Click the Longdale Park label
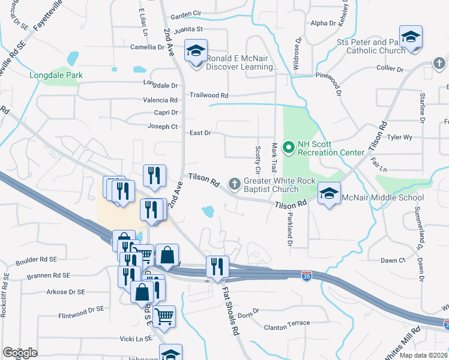coord(56,76)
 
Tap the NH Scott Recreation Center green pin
coord(288,146)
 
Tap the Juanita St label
coord(188,29)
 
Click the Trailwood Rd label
coord(209,95)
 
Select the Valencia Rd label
coord(160,100)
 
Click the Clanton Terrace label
coord(287,323)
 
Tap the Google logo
coord(19,353)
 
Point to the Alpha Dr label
coord(323,23)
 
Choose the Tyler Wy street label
coord(400,137)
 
